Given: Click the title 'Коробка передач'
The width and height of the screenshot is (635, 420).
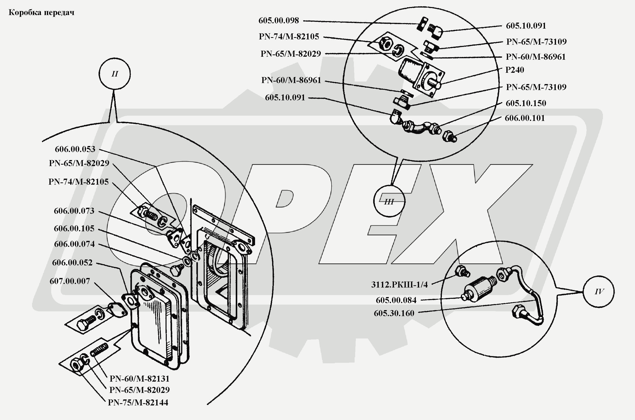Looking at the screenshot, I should point(41,13).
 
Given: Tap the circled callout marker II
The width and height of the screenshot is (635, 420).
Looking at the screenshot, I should point(115,74).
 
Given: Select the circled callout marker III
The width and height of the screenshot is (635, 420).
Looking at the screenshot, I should point(389,201).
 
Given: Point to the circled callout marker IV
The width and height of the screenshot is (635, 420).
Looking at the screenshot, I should point(599,292).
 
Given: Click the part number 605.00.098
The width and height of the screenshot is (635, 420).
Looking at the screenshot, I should point(278,21).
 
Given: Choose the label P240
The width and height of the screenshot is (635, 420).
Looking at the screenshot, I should point(515,70).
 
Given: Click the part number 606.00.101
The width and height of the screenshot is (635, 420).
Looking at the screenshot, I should point(525,118).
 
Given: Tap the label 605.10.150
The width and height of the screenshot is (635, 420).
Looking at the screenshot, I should point(525,103).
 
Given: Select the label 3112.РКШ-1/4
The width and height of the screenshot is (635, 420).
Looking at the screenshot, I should point(400,285).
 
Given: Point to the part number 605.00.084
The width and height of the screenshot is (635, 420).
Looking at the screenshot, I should point(396,300).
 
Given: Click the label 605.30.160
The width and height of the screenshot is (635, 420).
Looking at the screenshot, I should point(394,313).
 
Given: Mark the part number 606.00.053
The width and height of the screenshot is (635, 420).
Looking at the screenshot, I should point(75,149).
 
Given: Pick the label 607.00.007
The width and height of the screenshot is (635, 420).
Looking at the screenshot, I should point(70,281).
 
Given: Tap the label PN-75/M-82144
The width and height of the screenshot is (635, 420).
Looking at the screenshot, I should point(138,403).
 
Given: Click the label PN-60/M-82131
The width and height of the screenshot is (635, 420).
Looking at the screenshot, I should point(139,379).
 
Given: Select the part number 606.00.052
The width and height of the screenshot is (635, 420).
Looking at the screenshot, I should point(72,262).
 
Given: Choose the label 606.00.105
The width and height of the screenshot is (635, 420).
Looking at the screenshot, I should point(74,229).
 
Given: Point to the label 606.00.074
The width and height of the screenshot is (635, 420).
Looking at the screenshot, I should point(74,244).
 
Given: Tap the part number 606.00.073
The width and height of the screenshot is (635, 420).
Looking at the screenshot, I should point(74,211).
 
